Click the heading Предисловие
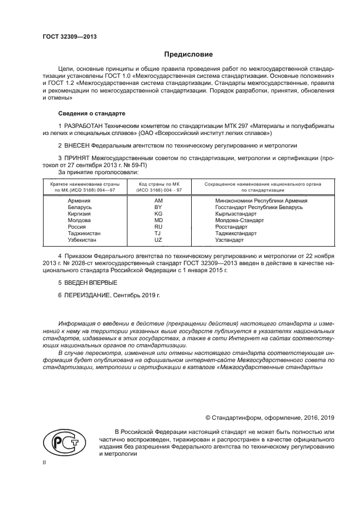point(188,54)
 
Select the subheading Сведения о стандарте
point(91,114)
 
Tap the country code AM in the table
point(158,201)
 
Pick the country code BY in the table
point(158,207)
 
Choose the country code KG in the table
point(158,214)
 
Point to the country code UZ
point(158,240)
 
